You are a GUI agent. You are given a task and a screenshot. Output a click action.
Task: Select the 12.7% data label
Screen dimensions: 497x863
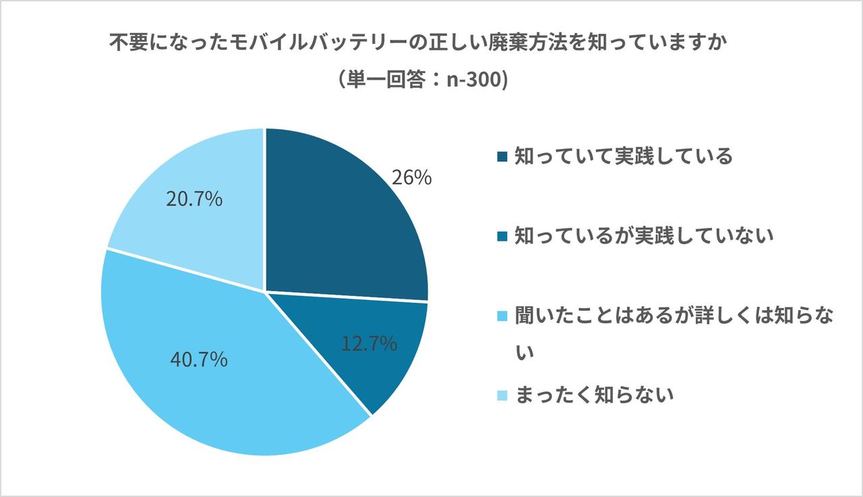pyautogui.click(x=369, y=345)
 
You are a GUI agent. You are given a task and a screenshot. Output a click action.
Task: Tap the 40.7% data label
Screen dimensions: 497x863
pyautogui.click(x=199, y=360)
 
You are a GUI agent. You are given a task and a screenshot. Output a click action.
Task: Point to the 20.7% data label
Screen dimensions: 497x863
pyautogui.click(x=194, y=200)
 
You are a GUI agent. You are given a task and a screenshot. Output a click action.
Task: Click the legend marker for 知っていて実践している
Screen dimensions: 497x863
pyautogui.click(x=501, y=157)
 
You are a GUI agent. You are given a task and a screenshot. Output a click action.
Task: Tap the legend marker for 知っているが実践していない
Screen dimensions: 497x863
pyautogui.click(x=501, y=236)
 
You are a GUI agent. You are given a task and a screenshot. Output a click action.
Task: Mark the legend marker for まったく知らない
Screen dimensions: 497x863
pyautogui.click(x=501, y=395)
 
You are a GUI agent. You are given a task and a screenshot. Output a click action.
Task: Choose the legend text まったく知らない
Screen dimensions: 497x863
pyautogui.click(x=594, y=394)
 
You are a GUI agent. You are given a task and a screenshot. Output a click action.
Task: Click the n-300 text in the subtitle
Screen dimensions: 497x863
pyautogui.click(x=475, y=80)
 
